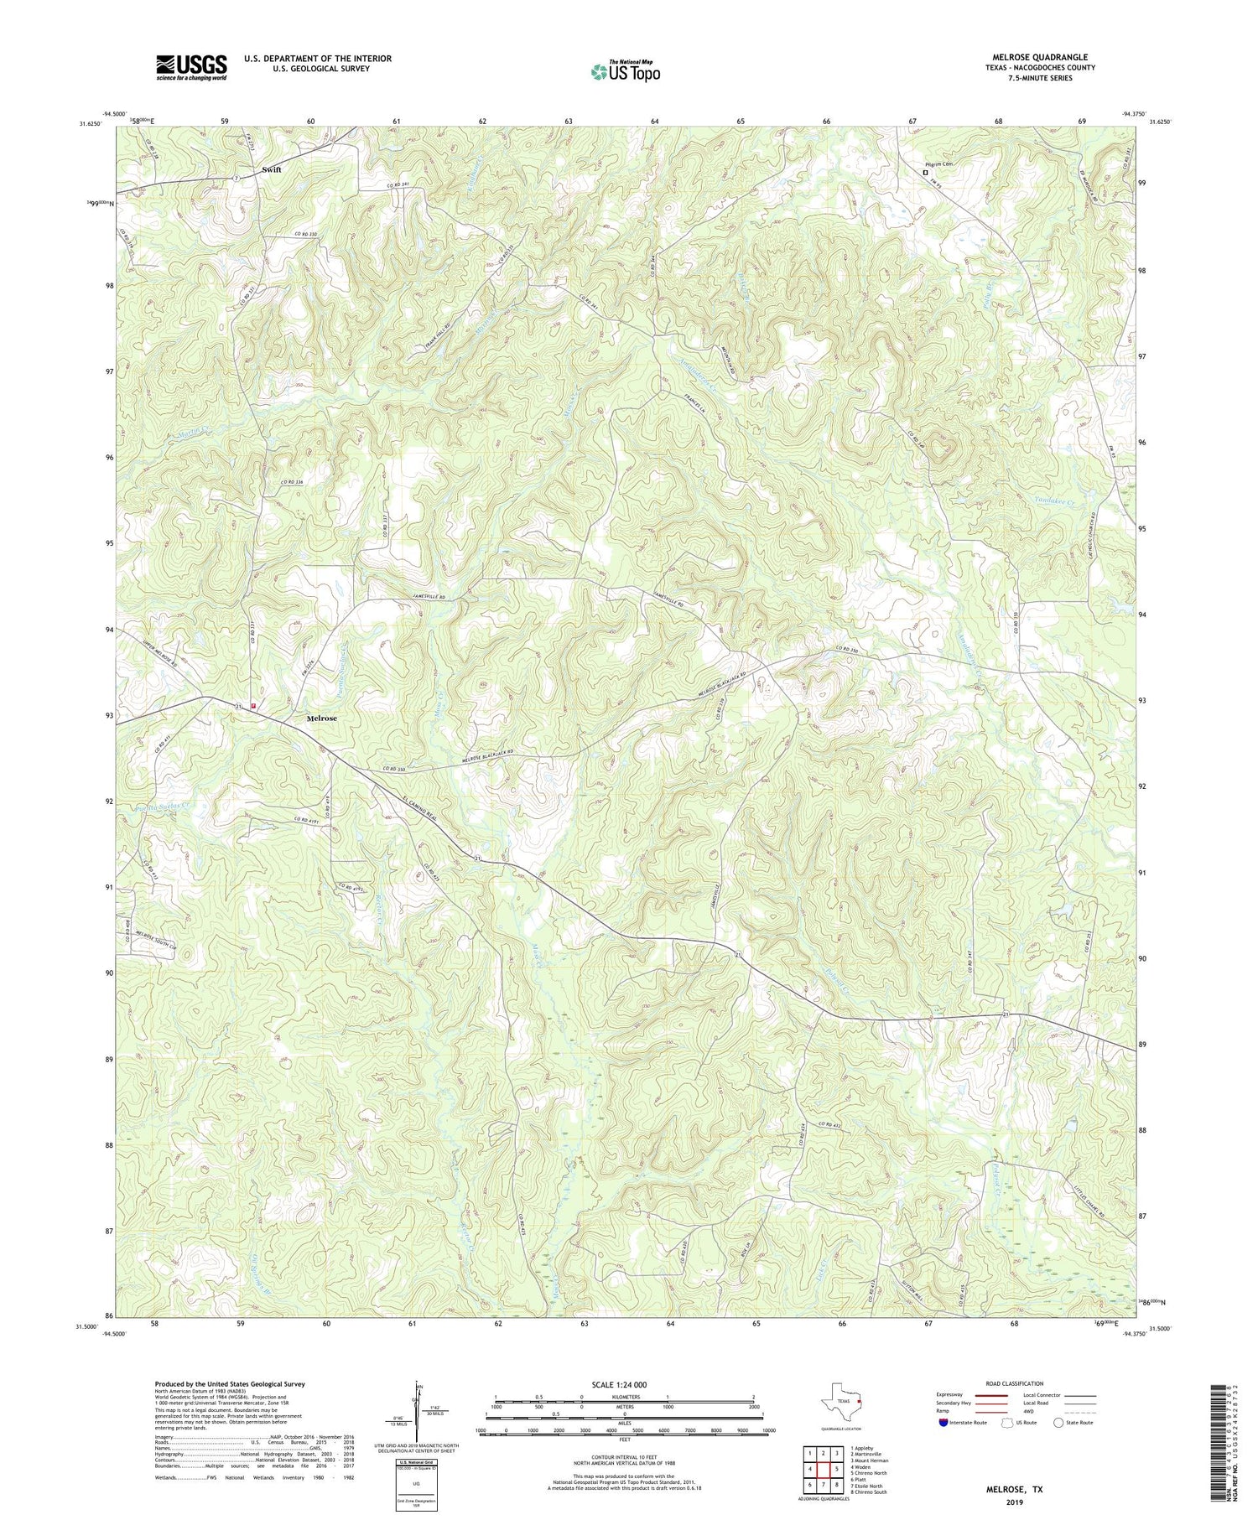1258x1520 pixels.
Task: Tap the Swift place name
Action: coord(271,169)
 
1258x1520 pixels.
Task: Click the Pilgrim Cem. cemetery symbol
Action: coord(925,173)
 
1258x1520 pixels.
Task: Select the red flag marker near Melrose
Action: coord(253,706)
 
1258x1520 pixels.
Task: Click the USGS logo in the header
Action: coord(191,67)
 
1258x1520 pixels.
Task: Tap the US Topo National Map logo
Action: coord(625,72)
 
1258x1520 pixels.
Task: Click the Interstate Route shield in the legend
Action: coord(944,1423)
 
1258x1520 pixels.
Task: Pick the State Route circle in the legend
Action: coord(1060,1423)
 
